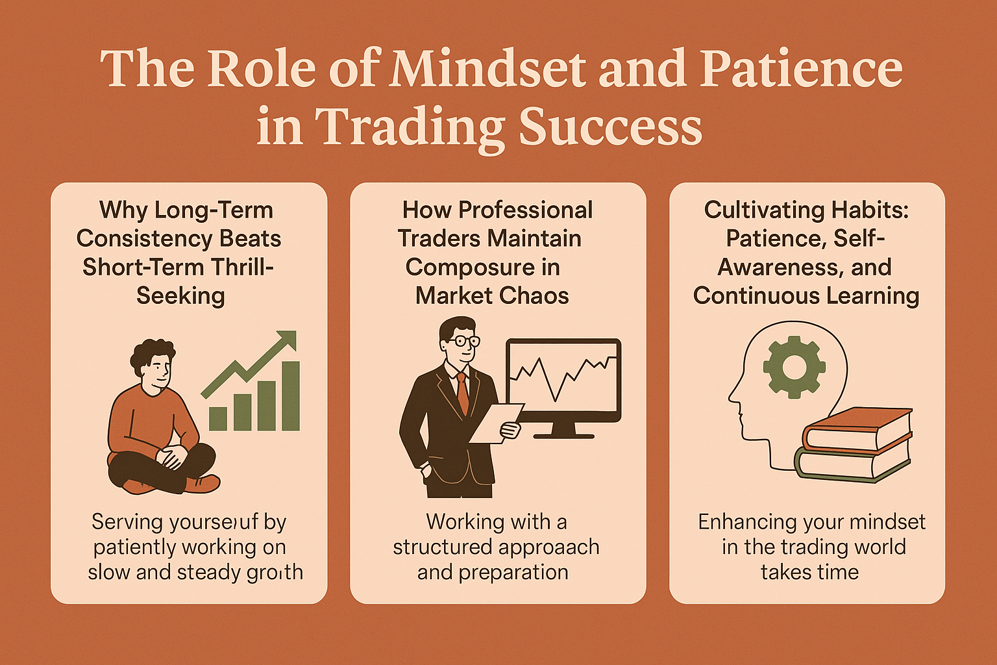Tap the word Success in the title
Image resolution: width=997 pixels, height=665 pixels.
pos(610,126)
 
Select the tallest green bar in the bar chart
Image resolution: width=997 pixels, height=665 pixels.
pos(290,396)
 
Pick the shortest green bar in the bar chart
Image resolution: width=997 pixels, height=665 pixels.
pos(218,418)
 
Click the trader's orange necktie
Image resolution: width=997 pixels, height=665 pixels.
pos(462,392)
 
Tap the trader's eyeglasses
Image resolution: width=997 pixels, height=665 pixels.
pos(465,340)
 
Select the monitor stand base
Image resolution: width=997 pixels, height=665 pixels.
pos(564,434)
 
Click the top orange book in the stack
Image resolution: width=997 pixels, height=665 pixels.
pos(857,429)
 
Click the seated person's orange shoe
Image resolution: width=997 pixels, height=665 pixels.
pos(204,484)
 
